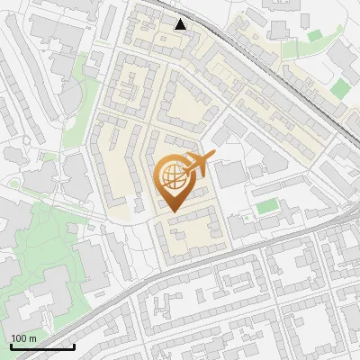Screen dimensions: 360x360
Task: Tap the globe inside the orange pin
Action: tap(173, 177)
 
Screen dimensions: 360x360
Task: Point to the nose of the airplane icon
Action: tap(212, 156)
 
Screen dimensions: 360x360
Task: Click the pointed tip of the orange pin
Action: tap(173, 212)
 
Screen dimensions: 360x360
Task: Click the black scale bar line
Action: tap(41, 346)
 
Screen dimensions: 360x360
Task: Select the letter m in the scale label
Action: tap(32, 338)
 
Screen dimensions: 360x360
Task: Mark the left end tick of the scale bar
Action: tap(10, 345)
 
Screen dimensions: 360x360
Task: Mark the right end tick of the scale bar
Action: tap(74, 345)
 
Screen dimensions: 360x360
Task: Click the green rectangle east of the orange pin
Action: tap(266, 207)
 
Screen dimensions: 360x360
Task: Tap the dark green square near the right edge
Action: tap(340, 88)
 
